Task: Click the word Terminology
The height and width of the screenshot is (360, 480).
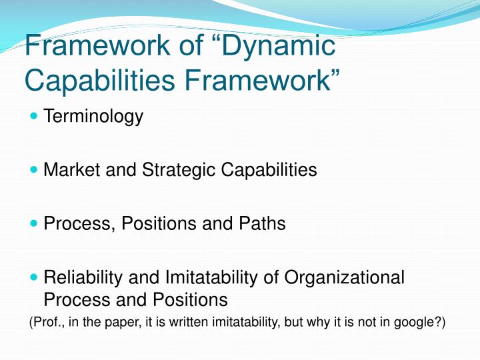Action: point(93,117)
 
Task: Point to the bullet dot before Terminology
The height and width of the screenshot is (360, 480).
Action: point(35,117)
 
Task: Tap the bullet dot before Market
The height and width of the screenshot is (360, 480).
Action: point(35,170)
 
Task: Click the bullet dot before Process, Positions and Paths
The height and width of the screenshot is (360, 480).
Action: point(35,223)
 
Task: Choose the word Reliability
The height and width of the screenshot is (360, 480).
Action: point(83,277)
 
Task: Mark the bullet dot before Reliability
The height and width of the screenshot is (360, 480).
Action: point(35,277)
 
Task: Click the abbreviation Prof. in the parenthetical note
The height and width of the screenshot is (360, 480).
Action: point(47,323)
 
